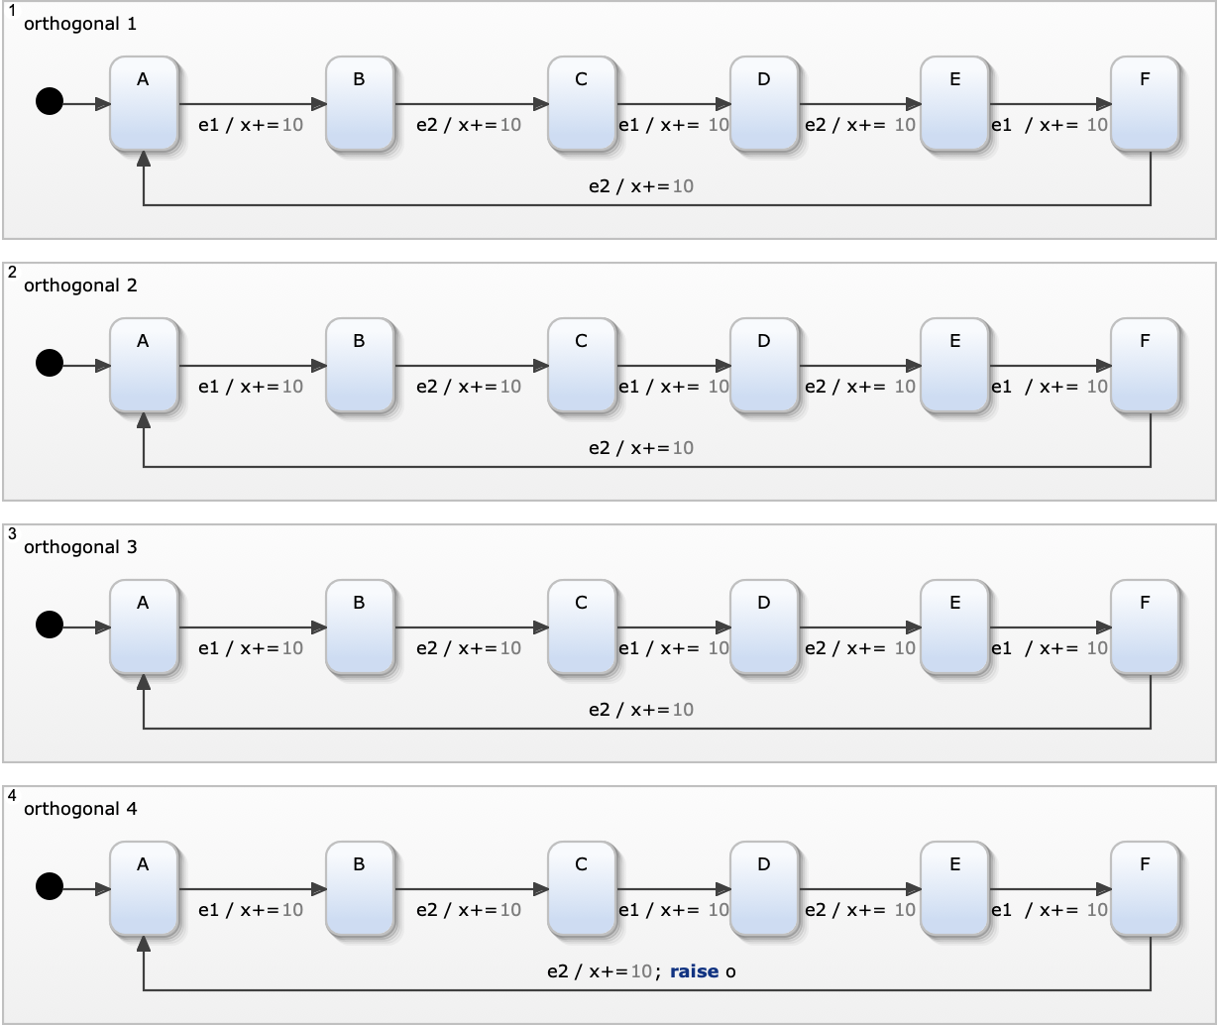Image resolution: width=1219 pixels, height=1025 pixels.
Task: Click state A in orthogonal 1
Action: pyautogui.click(x=144, y=104)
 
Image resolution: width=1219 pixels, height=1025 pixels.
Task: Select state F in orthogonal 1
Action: pyautogui.click(x=1146, y=104)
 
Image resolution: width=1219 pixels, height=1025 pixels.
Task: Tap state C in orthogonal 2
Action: pyautogui.click(x=582, y=366)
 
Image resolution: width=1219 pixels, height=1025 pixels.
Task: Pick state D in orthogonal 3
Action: pyautogui.click(x=764, y=627)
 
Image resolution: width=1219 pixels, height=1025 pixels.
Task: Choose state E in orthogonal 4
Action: pyautogui.click(x=954, y=889)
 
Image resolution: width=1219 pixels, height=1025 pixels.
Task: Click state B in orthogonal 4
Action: pyautogui.click(x=360, y=889)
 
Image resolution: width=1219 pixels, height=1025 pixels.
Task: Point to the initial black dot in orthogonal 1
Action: pyautogui.click(x=50, y=101)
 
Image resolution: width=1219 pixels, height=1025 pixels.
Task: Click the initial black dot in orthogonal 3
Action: pyautogui.click(x=50, y=625)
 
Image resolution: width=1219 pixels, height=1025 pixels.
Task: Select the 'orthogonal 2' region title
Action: pyautogui.click(x=80, y=285)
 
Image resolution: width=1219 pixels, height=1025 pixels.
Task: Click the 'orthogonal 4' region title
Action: pyautogui.click(x=80, y=809)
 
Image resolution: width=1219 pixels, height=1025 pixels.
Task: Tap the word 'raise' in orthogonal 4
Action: pyautogui.click(x=694, y=971)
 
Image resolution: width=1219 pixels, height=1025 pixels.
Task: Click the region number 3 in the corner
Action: pyautogui.click(x=12, y=534)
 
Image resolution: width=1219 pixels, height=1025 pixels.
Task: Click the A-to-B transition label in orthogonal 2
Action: pyautogui.click(x=251, y=387)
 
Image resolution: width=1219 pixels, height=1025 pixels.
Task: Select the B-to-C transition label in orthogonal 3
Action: pyautogui.click(x=469, y=648)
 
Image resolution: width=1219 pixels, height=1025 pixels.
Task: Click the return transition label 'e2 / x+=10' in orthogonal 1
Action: pyautogui.click(x=641, y=186)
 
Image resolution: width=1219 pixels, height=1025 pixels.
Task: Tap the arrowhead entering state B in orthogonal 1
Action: pyautogui.click(x=319, y=104)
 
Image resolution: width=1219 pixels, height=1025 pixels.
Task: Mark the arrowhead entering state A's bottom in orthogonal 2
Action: pyautogui.click(x=144, y=421)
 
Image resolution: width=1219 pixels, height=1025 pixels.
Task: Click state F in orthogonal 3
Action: pyautogui.click(x=1146, y=627)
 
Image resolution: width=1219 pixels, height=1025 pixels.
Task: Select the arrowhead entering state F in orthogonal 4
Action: pyautogui.click(x=1104, y=889)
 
